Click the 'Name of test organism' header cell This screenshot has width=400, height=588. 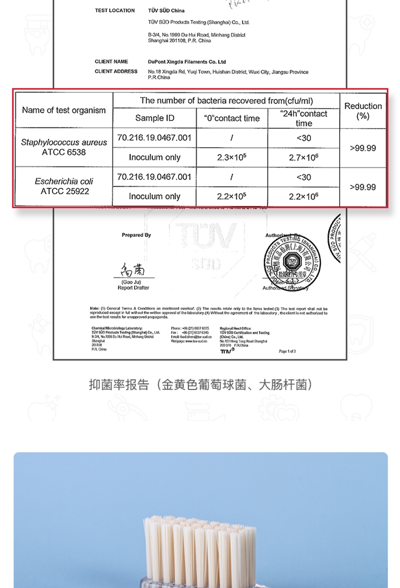click(x=64, y=110)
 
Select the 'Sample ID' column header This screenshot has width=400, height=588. click(x=155, y=118)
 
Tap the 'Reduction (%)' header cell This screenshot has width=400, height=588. click(x=363, y=110)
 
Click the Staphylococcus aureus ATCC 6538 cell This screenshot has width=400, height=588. click(x=64, y=147)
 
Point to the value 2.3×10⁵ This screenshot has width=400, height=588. click(x=231, y=157)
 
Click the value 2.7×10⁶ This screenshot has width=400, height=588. click(x=303, y=157)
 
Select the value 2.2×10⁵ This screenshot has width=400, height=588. click(x=231, y=196)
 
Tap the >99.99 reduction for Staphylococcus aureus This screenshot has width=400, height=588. click(x=363, y=148)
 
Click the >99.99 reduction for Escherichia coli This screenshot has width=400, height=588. click(x=363, y=187)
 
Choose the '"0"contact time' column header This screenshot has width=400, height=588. click(x=231, y=118)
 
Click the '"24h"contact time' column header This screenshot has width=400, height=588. click(x=303, y=118)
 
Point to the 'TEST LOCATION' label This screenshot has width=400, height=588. click(x=115, y=11)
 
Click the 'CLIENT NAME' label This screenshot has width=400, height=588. click(x=111, y=61)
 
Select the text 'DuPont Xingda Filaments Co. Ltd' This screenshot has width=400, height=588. click(x=187, y=62)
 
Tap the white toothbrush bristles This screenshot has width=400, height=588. click(x=200, y=539)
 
